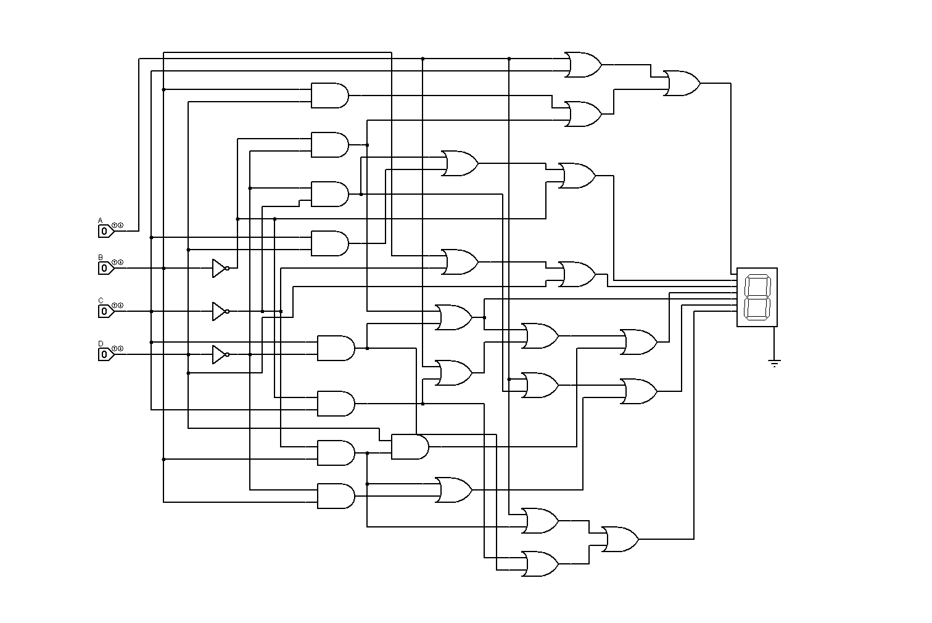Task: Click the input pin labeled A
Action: [x=105, y=231]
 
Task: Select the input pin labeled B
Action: [x=105, y=268]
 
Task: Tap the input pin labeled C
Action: [x=105, y=311]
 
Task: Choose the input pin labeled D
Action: [x=105, y=354]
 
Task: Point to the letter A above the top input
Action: [x=101, y=220]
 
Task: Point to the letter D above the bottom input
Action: [x=101, y=343]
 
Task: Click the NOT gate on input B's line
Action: [x=219, y=268]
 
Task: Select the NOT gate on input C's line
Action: [x=219, y=311]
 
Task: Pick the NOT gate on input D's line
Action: [x=219, y=354]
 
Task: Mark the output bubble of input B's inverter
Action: [x=228, y=268]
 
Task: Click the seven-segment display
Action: [x=757, y=297]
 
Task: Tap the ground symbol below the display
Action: [x=775, y=363]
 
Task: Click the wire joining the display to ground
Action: [x=775, y=342]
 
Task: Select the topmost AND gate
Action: [x=329, y=96]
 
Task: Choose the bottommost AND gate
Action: [x=336, y=496]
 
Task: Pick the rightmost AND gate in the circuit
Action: [x=410, y=447]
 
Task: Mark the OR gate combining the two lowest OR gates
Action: [x=619, y=539]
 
